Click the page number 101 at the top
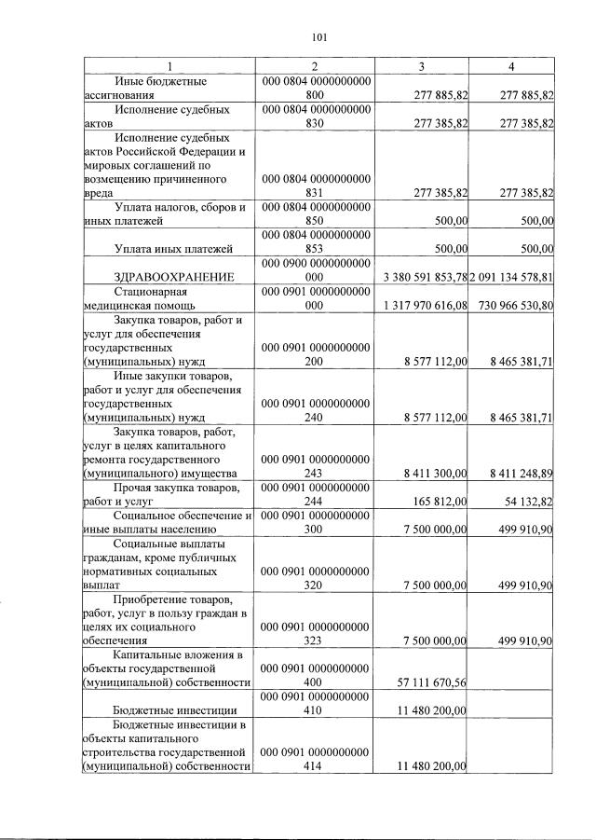click(x=319, y=37)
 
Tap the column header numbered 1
click(x=169, y=66)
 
